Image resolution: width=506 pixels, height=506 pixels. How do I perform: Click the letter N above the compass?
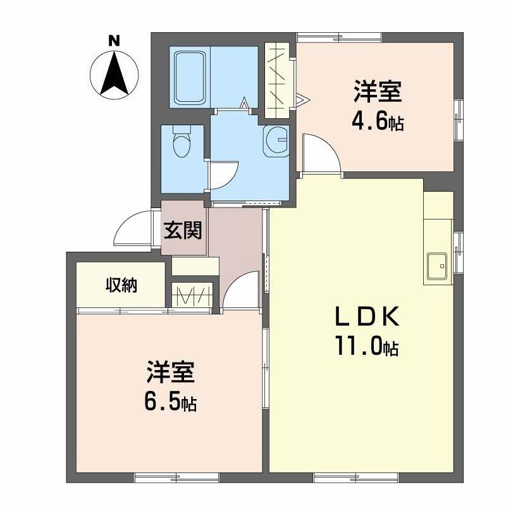114,40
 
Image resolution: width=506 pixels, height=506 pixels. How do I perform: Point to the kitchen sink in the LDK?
437,266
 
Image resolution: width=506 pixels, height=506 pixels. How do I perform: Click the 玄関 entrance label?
183,230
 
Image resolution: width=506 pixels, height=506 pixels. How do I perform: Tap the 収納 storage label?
121,285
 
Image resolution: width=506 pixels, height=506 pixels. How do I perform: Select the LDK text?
367,316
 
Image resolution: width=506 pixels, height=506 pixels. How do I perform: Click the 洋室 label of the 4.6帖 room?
378,91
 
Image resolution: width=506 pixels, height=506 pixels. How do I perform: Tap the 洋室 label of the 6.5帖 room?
170,372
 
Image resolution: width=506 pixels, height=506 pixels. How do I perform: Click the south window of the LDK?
356,478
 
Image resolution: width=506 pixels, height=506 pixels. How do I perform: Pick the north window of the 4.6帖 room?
339,38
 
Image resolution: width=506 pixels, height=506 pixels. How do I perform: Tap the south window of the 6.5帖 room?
177,478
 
